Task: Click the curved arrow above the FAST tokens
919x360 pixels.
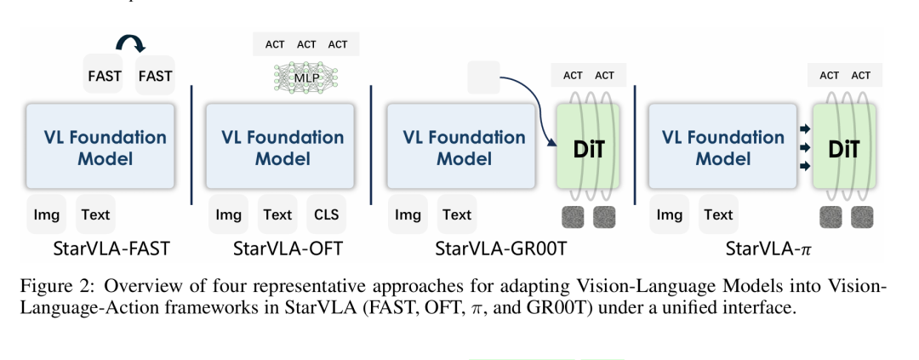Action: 130,43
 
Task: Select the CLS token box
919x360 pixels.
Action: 327,214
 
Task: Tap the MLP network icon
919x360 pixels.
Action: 306,78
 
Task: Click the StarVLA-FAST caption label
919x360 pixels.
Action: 111,249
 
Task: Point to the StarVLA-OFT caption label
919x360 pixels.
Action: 288,249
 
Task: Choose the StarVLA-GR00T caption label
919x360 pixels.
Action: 501,249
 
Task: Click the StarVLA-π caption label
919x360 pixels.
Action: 768,249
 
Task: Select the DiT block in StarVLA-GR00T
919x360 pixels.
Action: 588,146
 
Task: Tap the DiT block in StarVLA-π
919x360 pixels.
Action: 844,146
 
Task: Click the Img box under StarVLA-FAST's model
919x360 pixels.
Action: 46,214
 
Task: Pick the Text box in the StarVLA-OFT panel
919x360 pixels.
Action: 277,214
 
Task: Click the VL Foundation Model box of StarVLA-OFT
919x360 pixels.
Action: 280,146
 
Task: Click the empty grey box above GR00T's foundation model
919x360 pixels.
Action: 483,77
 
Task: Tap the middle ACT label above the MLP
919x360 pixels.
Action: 306,44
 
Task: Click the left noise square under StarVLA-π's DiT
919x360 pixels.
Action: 831,217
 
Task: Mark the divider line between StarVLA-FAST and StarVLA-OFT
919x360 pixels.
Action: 191,145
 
